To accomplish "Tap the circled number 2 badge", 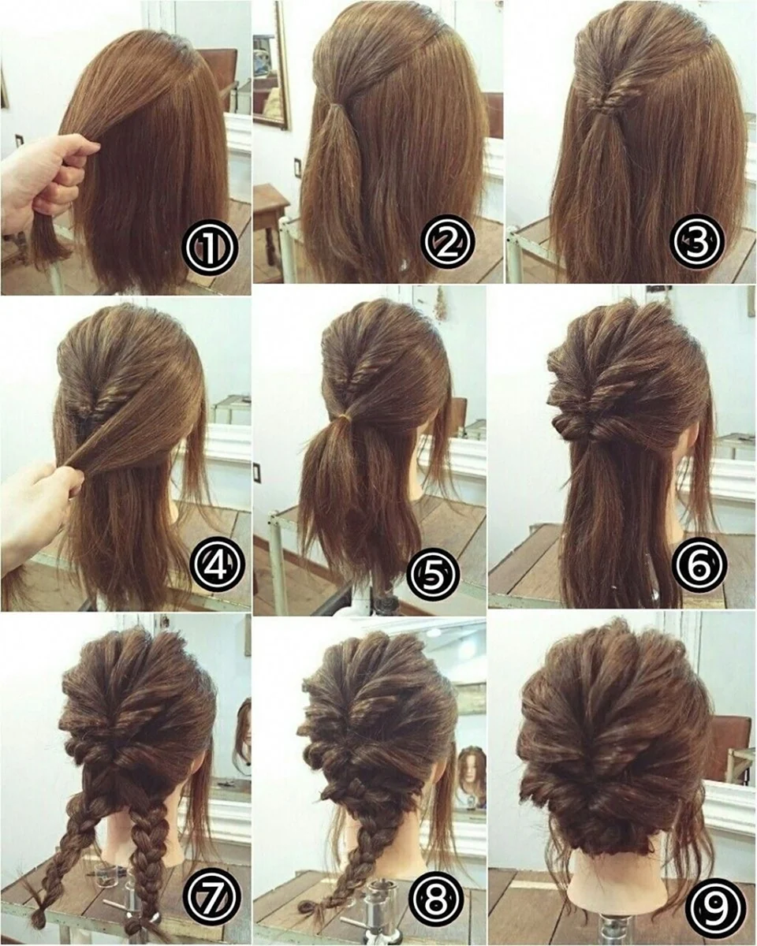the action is tap(447, 242).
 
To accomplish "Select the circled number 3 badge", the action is tap(697, 241).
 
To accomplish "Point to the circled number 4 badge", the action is tap(216, 567).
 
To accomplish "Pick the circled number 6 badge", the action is tap(699, 567).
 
